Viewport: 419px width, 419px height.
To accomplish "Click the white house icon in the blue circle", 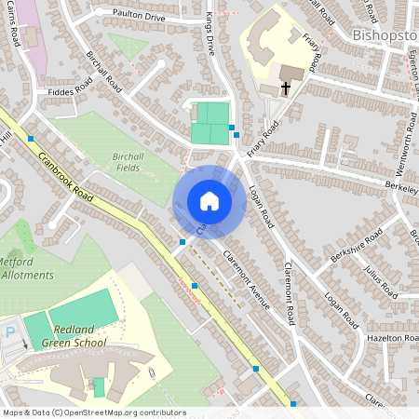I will click(x=209, y=201).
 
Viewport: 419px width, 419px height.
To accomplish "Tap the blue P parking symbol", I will click(x=10, y=331).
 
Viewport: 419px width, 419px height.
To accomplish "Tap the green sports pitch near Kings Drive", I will click(x=210, y=123).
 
